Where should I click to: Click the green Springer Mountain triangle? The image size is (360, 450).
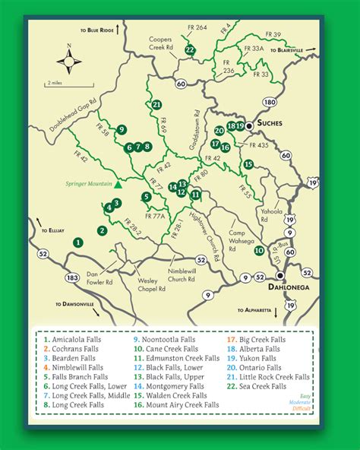tap(118, 182)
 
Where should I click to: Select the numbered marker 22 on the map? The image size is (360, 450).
tap(190, 50)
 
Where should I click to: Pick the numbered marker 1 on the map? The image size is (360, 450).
tap(77, 242)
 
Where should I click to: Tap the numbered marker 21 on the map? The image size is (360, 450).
tap(156, 104)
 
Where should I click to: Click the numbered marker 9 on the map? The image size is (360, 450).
tap(121, 129)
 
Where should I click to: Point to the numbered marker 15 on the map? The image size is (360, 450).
tap(248, 164)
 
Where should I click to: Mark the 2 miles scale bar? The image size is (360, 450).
tap(55, 81)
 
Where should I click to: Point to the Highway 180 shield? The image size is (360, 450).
tap(270, 102)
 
